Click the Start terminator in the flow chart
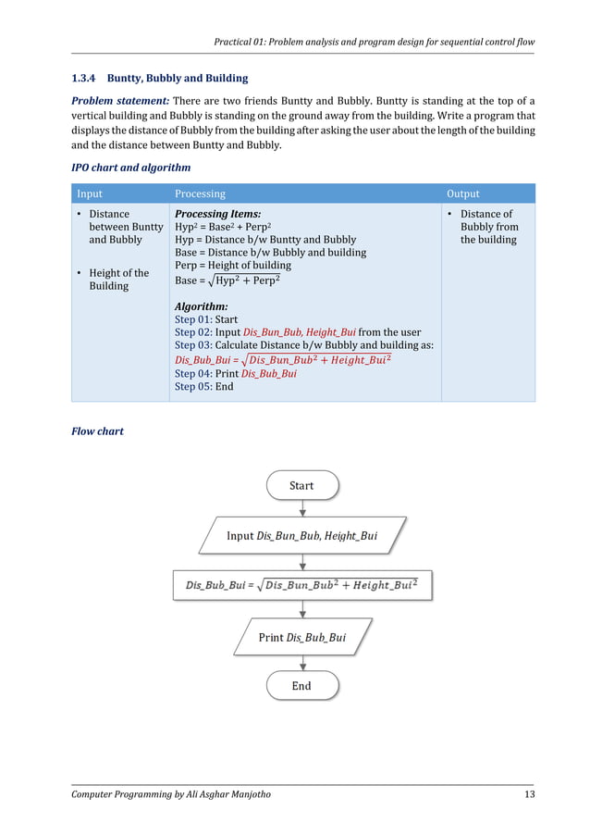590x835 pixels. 301,485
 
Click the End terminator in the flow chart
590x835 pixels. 301,686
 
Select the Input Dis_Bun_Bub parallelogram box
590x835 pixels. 302,535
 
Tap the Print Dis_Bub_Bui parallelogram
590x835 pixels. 302,637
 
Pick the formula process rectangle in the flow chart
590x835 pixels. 302,585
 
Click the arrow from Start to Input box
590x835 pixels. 302,507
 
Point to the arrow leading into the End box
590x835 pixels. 302,663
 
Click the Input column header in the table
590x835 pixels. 90,193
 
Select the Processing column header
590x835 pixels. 200,193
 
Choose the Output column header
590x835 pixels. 463,193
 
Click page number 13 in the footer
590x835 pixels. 527,795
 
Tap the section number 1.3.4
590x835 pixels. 85,78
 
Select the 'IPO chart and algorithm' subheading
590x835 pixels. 131,168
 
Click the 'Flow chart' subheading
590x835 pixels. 97,430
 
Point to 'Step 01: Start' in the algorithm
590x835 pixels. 205,319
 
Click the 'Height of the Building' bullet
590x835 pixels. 118,280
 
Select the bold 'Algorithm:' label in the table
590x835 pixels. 201,306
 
